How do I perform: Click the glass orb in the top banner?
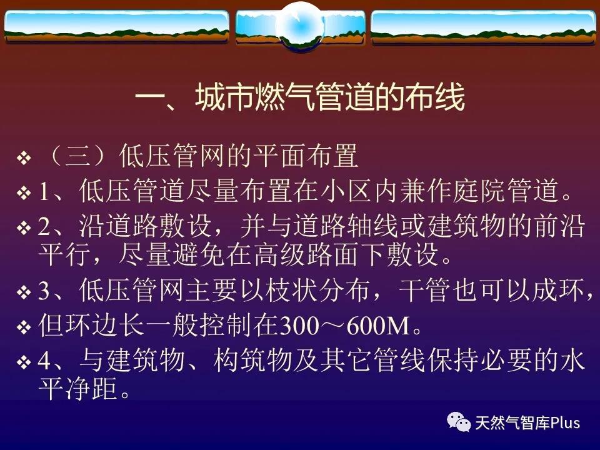pos(301,26)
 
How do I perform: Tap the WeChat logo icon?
pos(459,422)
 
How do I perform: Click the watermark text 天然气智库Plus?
pos(527,423)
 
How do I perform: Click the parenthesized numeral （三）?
pos(77,156)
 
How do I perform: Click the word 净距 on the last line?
pos(91,388)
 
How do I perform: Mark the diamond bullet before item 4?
pos(24,362)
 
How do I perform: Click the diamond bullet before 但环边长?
pos(24,327)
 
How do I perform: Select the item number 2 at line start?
pos(44,227)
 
